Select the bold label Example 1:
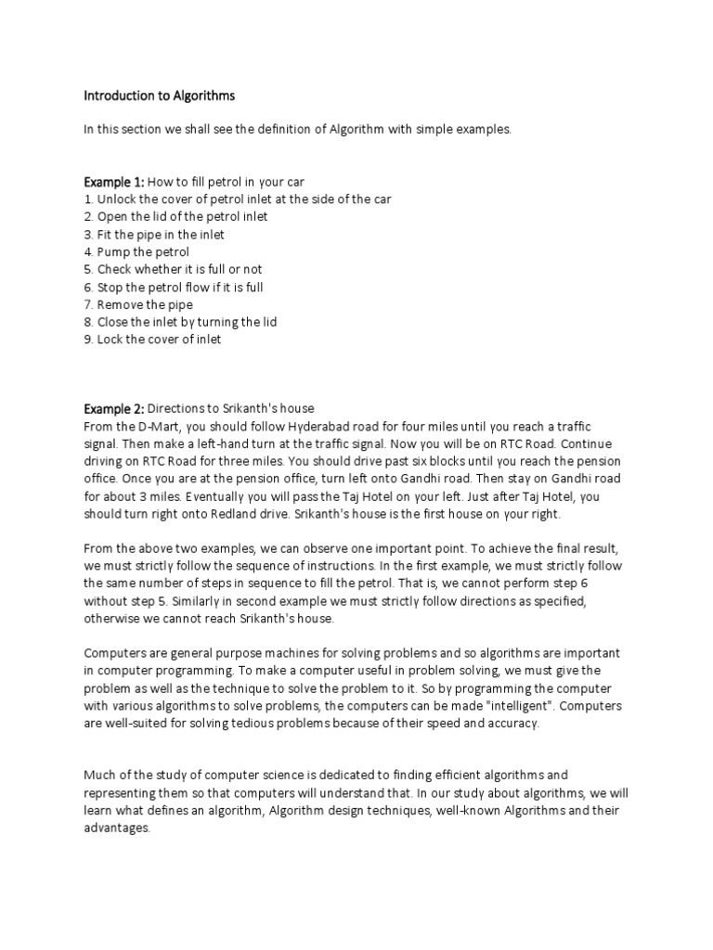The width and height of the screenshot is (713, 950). point(113,181)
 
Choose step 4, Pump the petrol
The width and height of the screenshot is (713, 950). point(136,251)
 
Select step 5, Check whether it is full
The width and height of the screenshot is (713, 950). point(173,269)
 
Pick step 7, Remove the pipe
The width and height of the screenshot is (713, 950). point(138,304)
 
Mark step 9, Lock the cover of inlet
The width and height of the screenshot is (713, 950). point(153,340)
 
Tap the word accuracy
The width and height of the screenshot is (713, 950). point(510,724)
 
